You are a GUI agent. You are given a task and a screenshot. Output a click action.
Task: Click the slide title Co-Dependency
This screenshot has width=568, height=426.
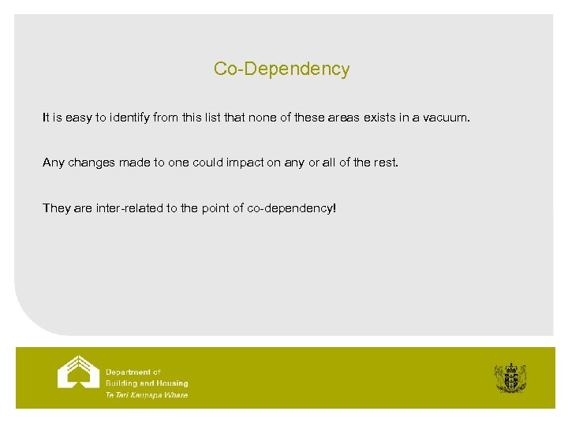281,69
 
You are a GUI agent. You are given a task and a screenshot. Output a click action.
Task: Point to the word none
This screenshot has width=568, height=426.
264,118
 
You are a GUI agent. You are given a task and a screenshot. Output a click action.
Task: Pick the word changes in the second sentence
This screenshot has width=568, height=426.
92,163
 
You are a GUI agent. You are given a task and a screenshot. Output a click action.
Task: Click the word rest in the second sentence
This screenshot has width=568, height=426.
387,163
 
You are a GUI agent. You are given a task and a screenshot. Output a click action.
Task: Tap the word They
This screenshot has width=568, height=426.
57,209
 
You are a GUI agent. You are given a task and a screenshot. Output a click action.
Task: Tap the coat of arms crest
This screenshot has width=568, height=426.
510,377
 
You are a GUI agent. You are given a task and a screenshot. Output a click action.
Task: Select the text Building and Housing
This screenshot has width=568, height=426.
147,383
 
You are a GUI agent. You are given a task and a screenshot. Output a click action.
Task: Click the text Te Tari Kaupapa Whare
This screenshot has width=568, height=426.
147,394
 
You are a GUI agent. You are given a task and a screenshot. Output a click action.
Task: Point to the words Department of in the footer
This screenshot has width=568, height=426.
133,372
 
